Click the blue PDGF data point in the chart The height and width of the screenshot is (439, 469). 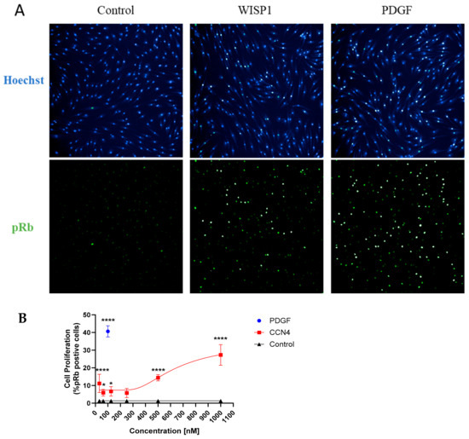[x=107, y=331]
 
